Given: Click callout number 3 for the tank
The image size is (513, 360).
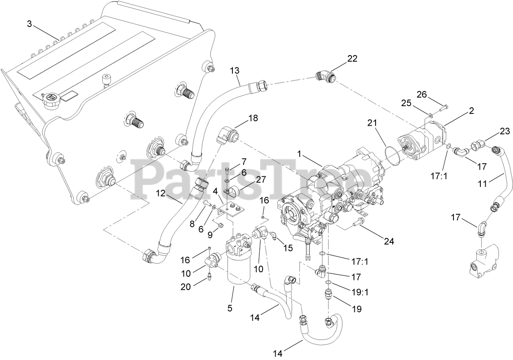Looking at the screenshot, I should [x=29, y=24].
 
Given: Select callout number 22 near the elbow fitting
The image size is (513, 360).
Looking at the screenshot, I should [x=352, y=58].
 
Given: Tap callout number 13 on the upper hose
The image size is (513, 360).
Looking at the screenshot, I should [x=234, y=71].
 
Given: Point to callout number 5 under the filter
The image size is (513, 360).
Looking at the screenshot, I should [x=230, y=308].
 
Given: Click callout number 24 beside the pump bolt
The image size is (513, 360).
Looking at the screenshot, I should [x=389, y=241].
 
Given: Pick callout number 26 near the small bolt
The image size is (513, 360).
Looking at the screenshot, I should [x=421, y=95].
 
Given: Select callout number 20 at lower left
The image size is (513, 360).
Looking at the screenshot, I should [x=186, y=287].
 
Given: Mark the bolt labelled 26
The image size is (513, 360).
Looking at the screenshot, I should [x=441, y=108].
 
